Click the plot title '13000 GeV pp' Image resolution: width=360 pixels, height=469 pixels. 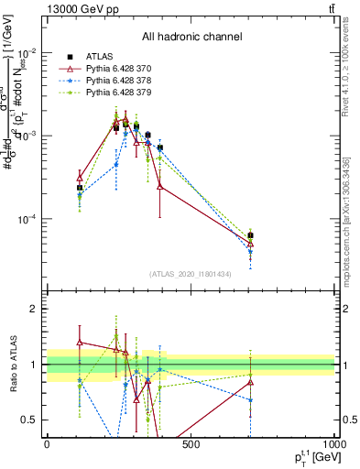(81, 9)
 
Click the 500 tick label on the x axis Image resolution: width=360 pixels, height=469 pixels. (191, 444)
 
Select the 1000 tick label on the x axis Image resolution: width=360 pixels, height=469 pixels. (333, 444)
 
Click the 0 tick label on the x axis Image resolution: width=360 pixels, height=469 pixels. (47, 444)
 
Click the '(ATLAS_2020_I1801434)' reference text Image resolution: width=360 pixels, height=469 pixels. (190, 274)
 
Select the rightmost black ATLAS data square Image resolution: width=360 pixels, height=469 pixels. (250, 235)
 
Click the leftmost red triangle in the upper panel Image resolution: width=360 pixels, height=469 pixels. (80, 177)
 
